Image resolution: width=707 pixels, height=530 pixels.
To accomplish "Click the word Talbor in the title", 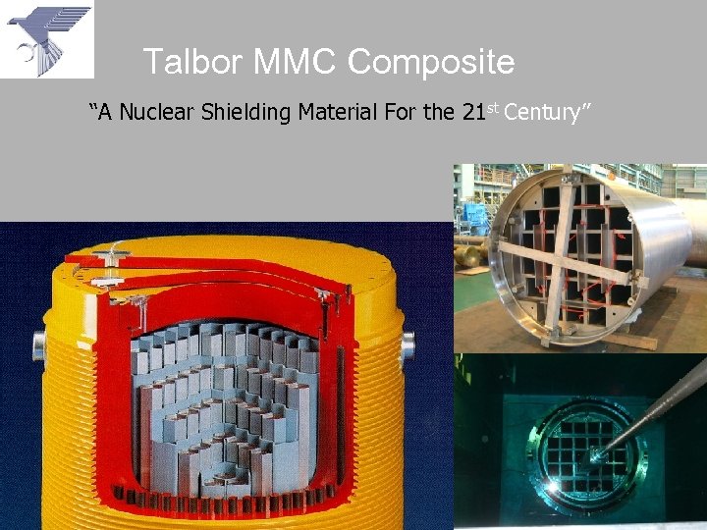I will click(x=192, y=63).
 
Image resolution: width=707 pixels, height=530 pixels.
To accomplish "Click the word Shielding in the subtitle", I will click(x=245, y=112).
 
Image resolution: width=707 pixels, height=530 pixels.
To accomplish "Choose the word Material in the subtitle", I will click(x=334, y=112).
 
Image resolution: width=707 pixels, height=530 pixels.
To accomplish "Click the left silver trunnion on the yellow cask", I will click(x=39, y=345).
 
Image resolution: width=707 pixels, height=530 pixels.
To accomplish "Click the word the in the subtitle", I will click(x=438, y=112).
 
